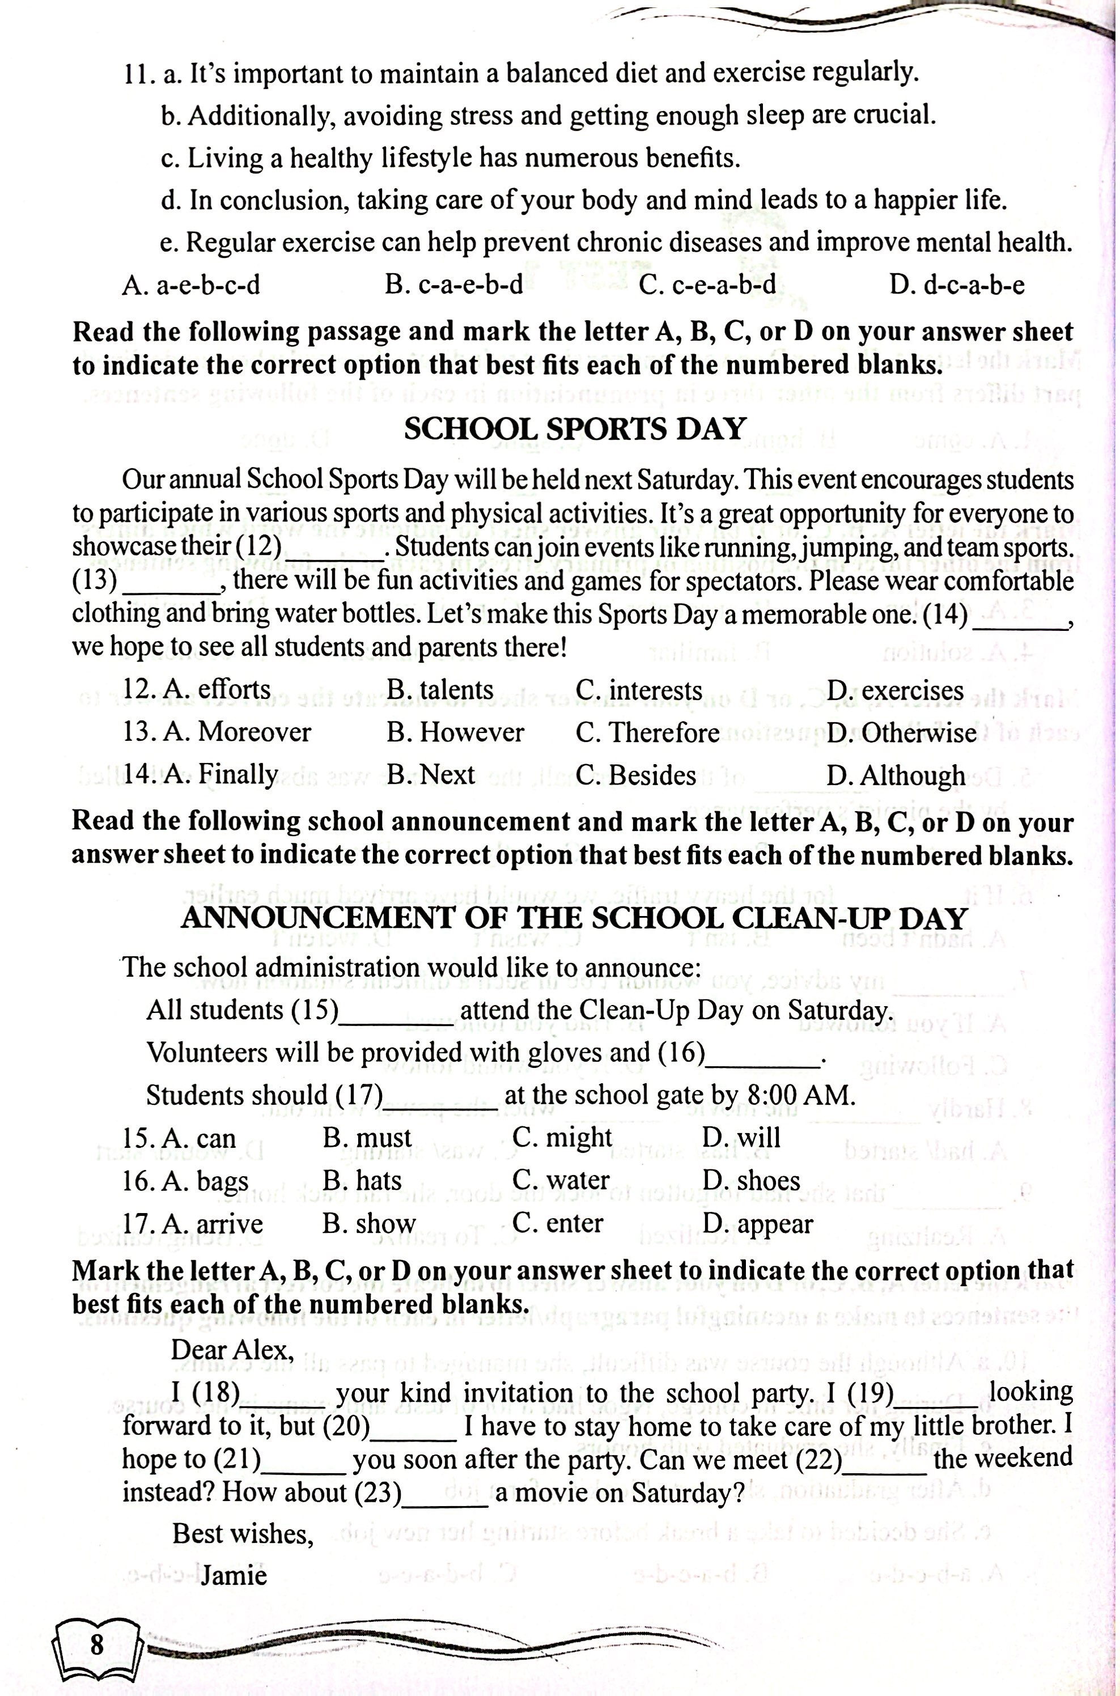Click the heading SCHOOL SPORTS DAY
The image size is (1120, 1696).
click(575, 429)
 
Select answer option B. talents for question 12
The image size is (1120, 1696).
click(440, 690)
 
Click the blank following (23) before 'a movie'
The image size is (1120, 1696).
click(445, 1493)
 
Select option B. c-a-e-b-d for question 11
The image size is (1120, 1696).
click(454, 286)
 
